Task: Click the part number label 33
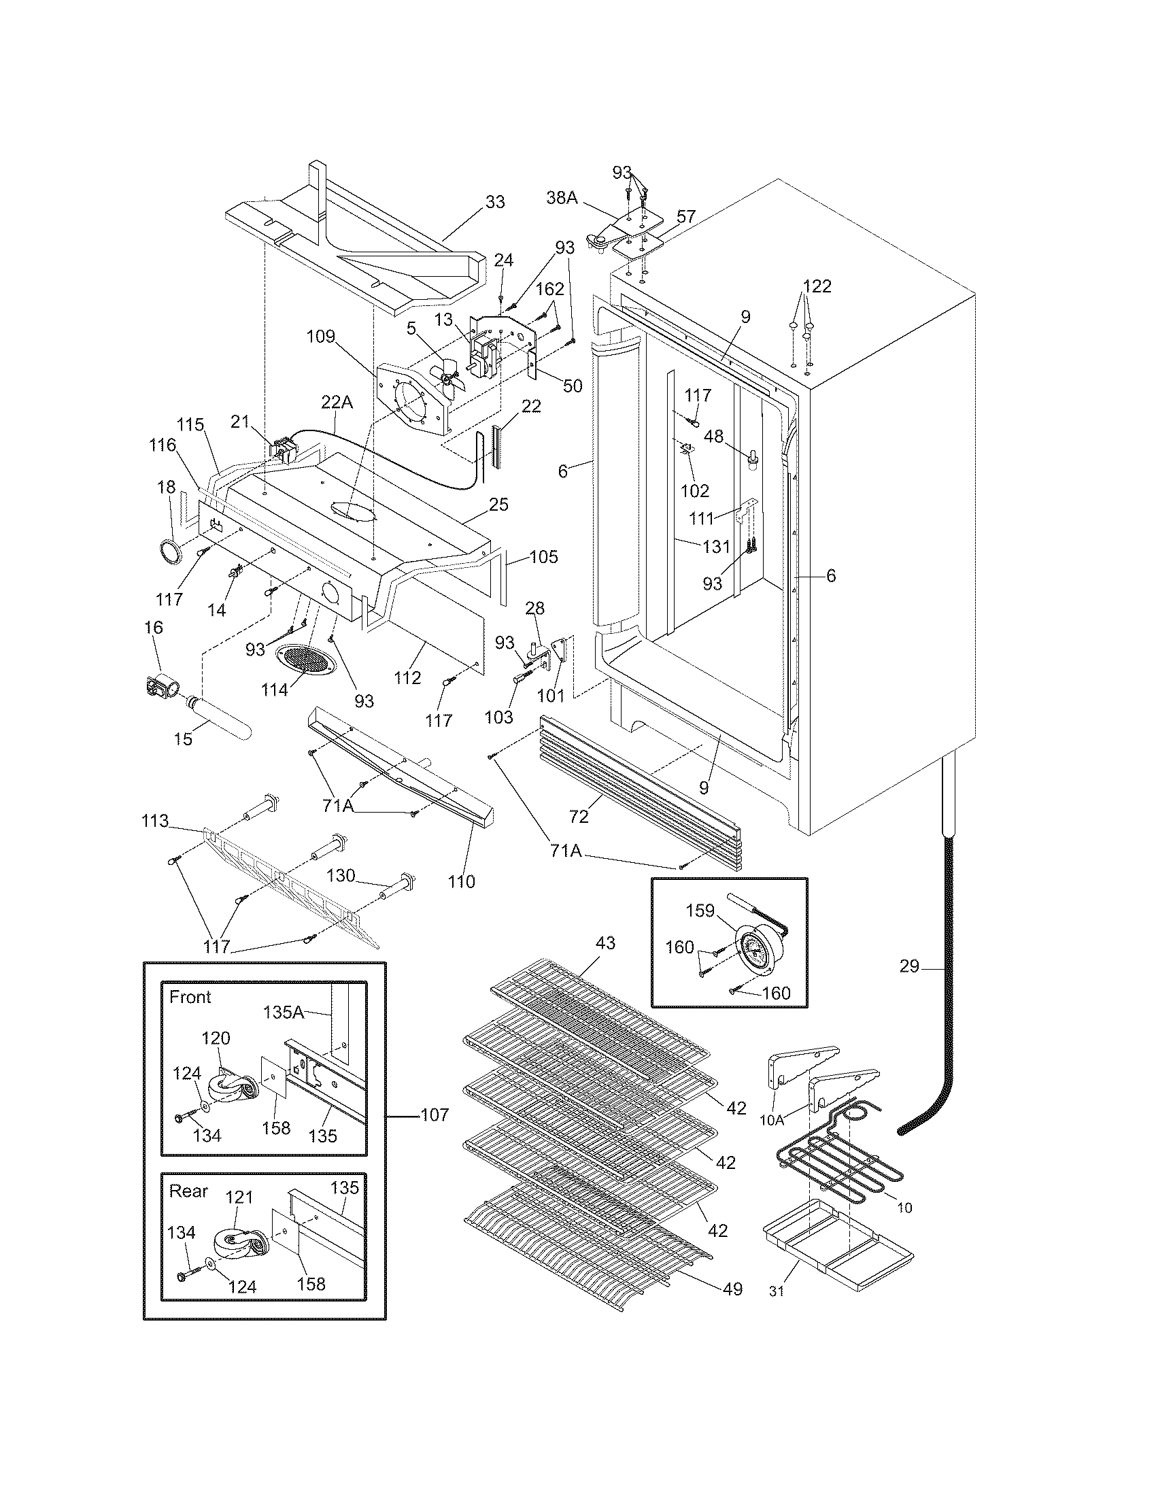494,202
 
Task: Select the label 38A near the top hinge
562,198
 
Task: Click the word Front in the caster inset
190,998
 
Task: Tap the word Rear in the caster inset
188,1191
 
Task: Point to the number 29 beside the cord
908,967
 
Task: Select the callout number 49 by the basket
732,1289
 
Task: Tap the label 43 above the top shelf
605,943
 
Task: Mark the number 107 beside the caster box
435,1115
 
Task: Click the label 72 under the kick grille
579,816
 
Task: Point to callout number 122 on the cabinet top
817,286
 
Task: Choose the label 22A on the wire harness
337,403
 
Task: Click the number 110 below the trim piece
461,881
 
